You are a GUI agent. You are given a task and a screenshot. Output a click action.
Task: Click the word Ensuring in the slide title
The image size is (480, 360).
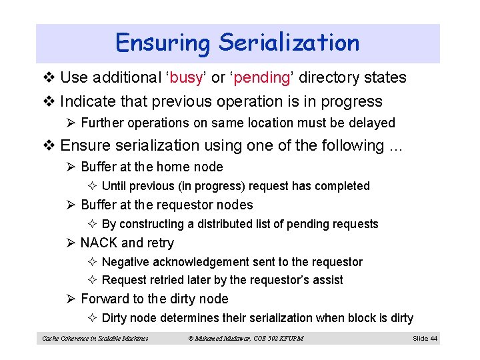[163, 43]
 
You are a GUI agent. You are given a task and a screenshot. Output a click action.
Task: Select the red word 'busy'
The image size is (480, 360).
[186, 78]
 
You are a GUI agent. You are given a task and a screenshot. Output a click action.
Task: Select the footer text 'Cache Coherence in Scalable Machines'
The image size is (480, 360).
[95, 339]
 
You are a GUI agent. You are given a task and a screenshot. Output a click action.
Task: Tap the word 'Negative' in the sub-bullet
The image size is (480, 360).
[125, 263]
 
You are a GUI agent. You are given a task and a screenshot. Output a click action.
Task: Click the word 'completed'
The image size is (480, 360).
[343, 187]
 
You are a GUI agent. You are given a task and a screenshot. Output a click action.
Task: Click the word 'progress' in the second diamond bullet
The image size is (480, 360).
[355, 102]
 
